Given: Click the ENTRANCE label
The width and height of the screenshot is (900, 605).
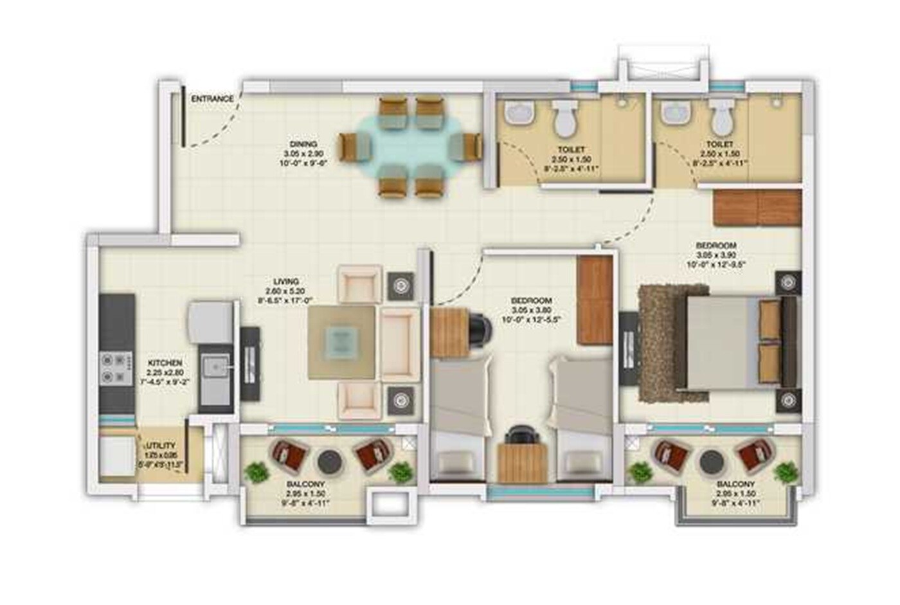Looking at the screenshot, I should click(x=212, y=99).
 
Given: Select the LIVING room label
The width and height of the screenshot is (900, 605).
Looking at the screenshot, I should click(x=286, y=282).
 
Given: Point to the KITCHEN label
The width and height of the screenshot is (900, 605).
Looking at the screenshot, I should click(x=165, y=363).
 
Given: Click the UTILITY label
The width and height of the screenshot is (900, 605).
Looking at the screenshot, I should click(x=160, y=446).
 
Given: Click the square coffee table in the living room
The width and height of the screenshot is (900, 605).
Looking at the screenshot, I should click(x=341, y=341).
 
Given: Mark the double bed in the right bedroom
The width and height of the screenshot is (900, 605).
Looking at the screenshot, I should click(x=733, y=343).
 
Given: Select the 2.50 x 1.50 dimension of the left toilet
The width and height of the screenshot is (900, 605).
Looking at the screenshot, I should click(x=571, y=159).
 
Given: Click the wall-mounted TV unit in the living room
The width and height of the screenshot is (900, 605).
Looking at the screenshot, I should click(x=249, y=364).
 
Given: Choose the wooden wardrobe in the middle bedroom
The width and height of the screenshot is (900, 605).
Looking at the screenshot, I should click(x=595, y=301).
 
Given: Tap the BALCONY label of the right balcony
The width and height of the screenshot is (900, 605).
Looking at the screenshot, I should click(x=735, y=484).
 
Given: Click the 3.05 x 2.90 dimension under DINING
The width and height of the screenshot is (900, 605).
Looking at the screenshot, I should click(x=303, y=154).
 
